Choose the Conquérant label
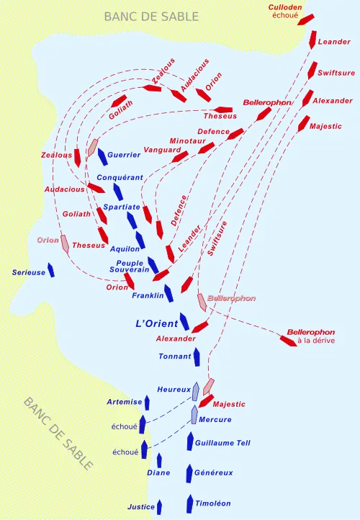[x=121, y=177]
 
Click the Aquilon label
[x=125, y=248]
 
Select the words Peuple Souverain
[x=130, y=266]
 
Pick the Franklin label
[x=149, y=295]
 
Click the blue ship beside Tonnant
[x=197, y=355]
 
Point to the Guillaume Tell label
[x=222, y=444]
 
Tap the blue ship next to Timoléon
[x=190, y=503]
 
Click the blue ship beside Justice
[x=160, y=506]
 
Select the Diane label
[x=158, y=473]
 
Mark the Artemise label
[x=119, y=402]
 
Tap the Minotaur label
[x=187, y=140]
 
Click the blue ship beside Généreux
[x=190, y=473]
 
